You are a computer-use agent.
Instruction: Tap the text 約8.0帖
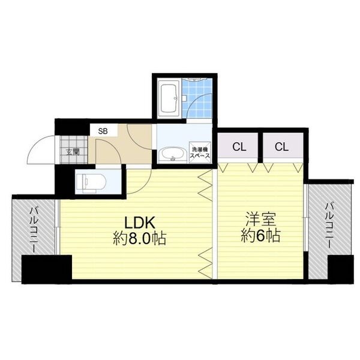point(140,238)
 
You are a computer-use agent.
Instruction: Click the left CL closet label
point(238,146)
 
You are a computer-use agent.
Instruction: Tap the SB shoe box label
point(104,130)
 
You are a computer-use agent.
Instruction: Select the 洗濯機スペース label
point(200,151)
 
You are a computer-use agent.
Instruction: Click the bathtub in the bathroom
point(167,98)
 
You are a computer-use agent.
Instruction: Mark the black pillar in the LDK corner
point(46,268)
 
